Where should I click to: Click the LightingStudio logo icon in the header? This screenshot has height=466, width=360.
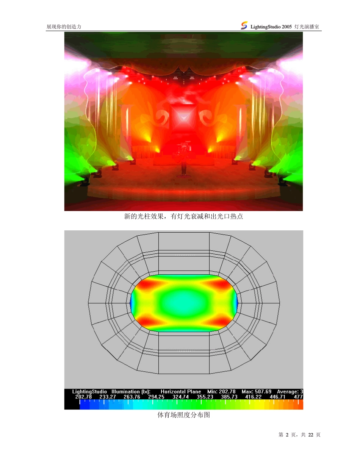[x=244, y=25]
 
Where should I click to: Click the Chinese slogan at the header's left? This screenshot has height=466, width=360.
[x=64, y=27]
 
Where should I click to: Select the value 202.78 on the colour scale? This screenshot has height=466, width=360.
[x=83, y=397]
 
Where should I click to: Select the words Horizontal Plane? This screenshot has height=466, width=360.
[x=181, y=391]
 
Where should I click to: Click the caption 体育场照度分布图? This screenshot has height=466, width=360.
[x=184, y=415]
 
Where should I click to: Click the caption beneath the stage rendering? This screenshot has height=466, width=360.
[x=184, y=217]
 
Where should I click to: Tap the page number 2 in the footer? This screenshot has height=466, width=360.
[x=287, y=435]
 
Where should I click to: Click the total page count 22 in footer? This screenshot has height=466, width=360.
[x=311, y=435]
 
